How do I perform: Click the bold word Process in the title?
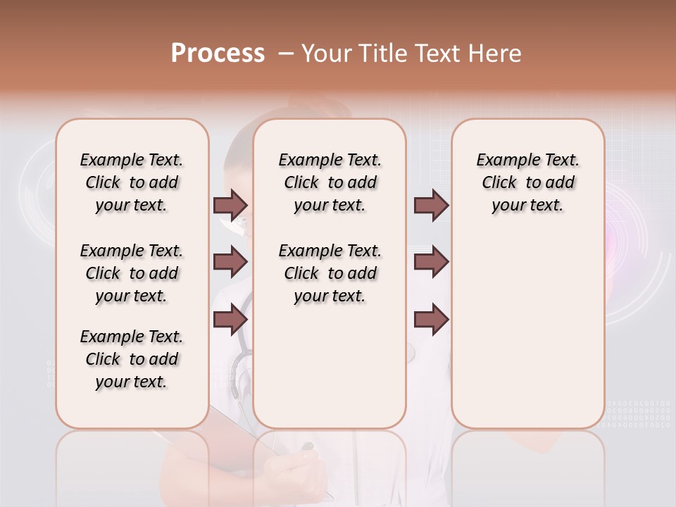pyautogui.click(x=218, y=54)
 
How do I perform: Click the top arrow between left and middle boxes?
pyautogui.click(x=230, y=205)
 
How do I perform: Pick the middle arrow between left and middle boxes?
pyautogui.click(x=230, y=262)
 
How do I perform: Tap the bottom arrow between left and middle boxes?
pyautogui.click(x=230, y=319)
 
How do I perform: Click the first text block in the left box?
pyautogui.click(x=132, y=182)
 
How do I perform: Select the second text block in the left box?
pyautogui.click(x=132, y=273)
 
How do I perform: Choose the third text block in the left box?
pyautogui.click(x=132, y=359)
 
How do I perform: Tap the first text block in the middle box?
pyautogui.click(x=330, y=182)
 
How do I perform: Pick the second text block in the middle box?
pyautogui.click(x=330, y=273)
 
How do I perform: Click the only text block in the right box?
pyautogui.click(x=527, y=182)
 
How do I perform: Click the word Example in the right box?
pyautogui.click(x=503, y=161)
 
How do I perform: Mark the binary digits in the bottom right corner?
pyautogui.click(x=638, y=414)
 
